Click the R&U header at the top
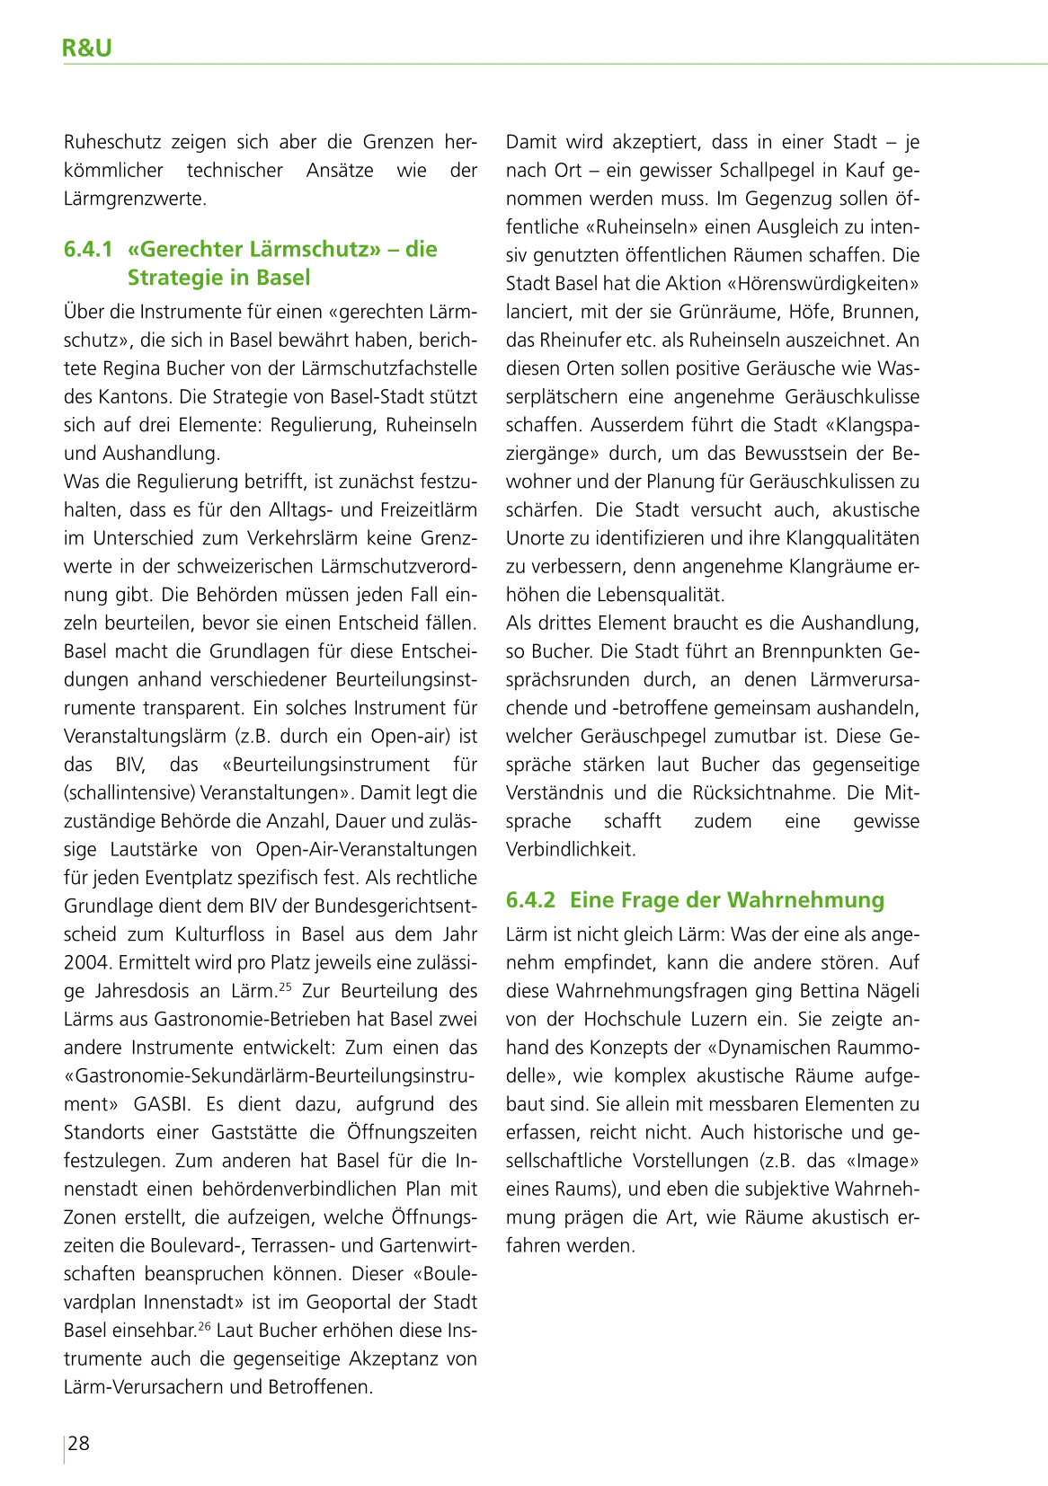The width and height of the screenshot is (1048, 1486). pyautogui.click(x=87, y=49)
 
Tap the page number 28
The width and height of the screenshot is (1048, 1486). pyautogui.click(x=79, y=1444)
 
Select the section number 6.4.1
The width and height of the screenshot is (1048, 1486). pyautogui.click(x=88, y=249)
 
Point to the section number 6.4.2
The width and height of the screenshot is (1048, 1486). pyautogui.click(x=530, y=899)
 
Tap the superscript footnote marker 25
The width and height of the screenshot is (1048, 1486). pyautogui.click(x=286, y=986)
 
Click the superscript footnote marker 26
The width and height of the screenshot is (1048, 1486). pyautogui.click(x=204, y=1326)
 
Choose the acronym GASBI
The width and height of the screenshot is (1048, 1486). pyautogui.click(x=164, y=1104)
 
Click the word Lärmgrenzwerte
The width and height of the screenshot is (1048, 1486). pyautogui.click(x=135, y=199)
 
